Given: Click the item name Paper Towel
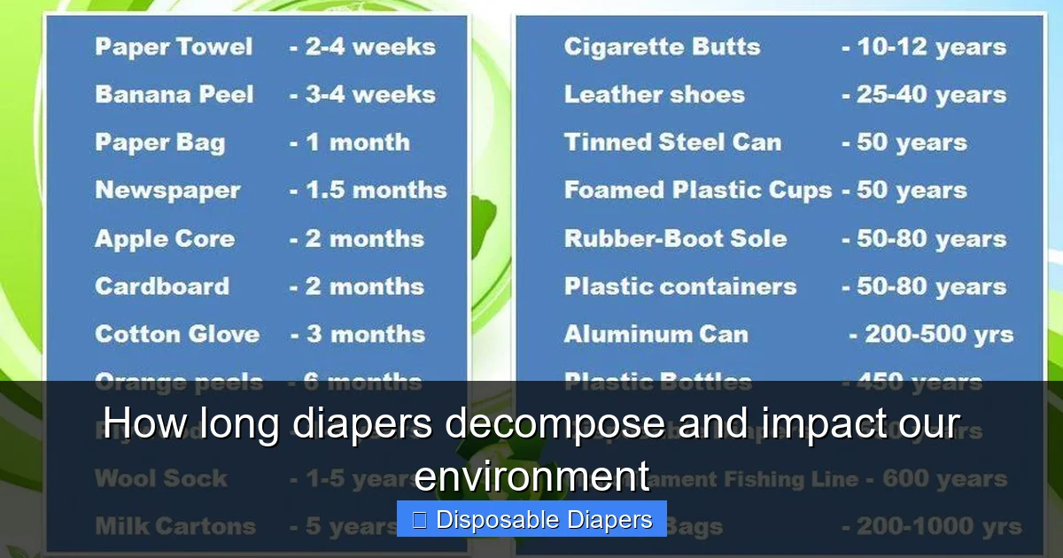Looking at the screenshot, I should pos(174,47).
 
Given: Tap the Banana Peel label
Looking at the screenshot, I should pos(175,95).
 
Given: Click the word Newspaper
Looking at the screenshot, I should pos(167,190).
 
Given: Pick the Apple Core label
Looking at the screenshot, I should pos(165,238).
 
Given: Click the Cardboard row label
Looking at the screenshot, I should pos(162,286).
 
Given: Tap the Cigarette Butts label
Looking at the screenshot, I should pos(662,47).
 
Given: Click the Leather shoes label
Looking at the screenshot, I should pos(654,95).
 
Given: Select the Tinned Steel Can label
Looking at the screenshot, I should pos(672,143).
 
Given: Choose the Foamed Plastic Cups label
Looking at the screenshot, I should pos(698,190).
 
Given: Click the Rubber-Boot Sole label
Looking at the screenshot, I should pos(675,238).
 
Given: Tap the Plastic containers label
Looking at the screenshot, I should pos(680,286).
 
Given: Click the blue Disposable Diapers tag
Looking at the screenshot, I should pos(531,519).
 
